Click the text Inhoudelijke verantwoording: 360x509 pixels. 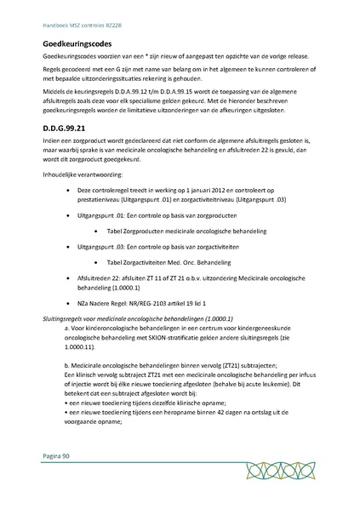click(x=83, y=178)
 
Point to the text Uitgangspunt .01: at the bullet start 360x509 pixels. click(x=104, y=217)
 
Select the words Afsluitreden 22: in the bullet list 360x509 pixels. click(x=102, y=277)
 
